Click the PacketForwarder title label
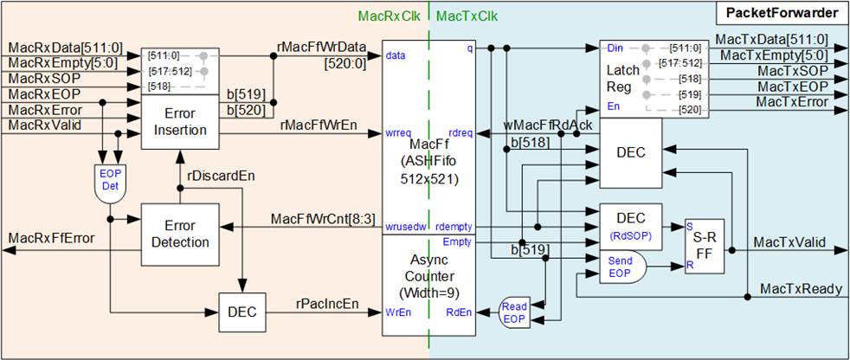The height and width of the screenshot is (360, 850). tap(781, 13)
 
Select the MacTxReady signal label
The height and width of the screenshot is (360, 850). tap(800, 289)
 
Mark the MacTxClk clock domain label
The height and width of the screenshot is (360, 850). tap(467, 16)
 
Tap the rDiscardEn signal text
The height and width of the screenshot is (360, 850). tap(221, 176)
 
